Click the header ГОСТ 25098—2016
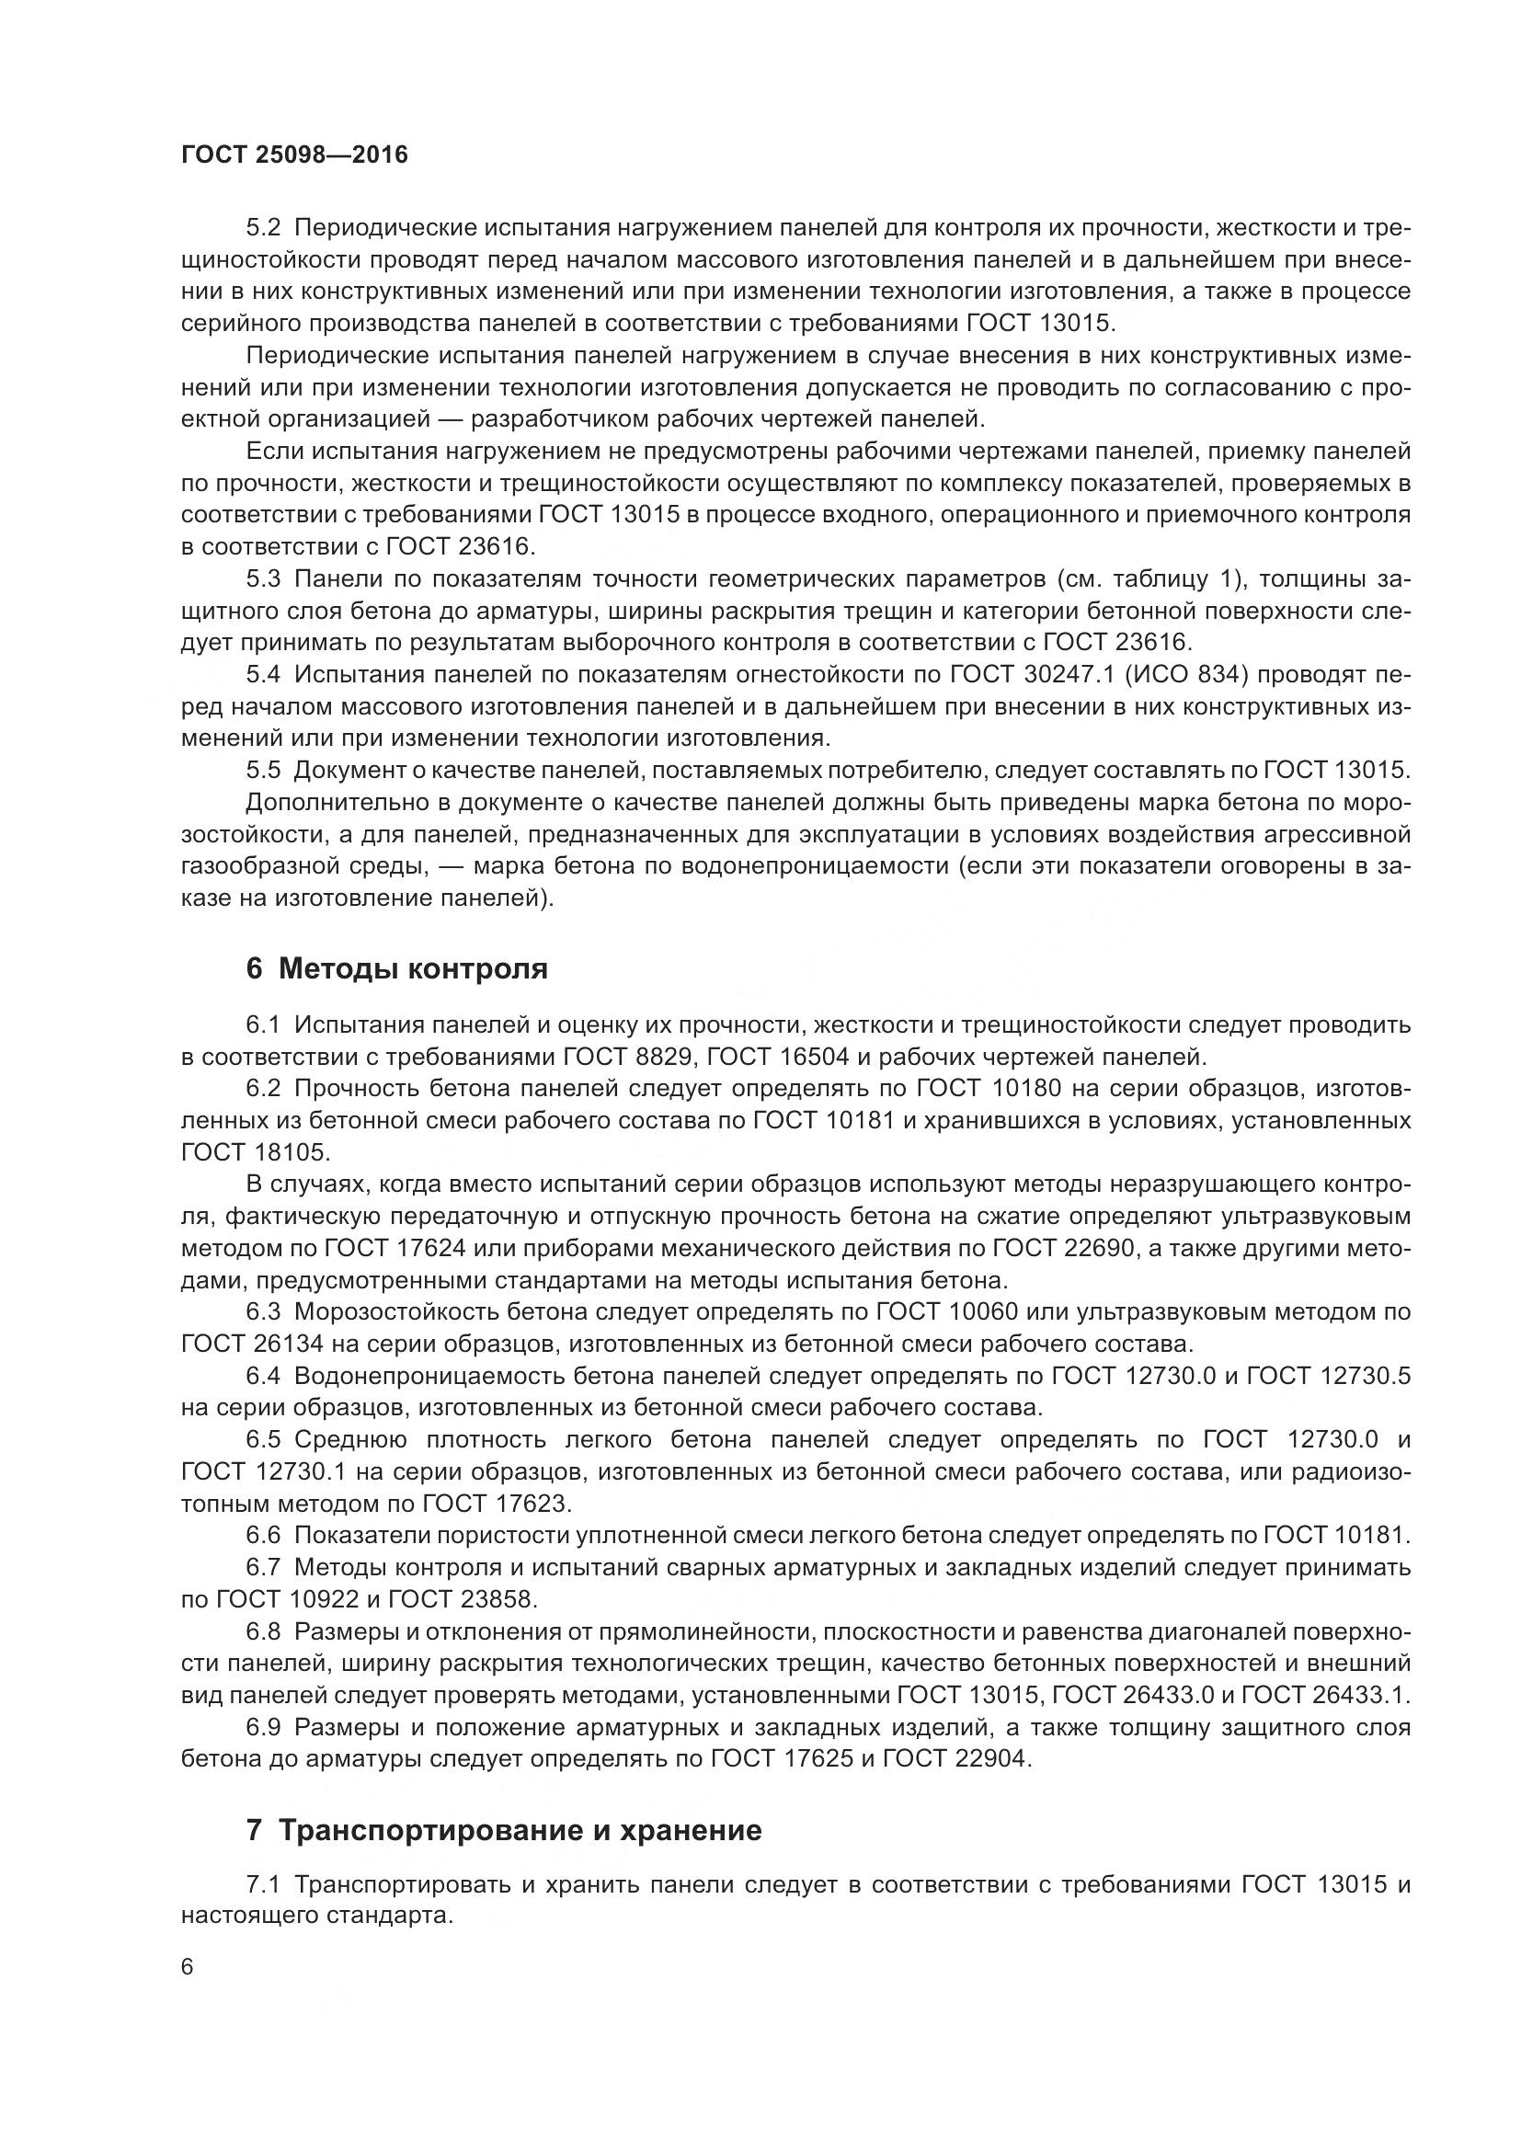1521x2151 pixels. pos(294,154)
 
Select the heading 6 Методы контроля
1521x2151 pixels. pos(396,968)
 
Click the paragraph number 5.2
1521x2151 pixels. pos(263,229)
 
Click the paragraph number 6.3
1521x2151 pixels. pos(263,1312)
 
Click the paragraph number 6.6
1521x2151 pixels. pos(263,1536)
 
